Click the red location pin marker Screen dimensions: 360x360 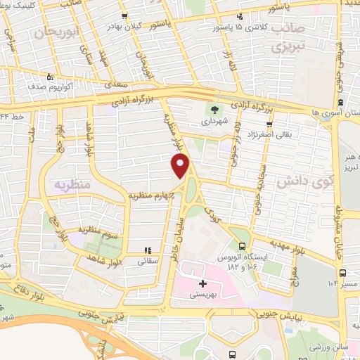(181, 166)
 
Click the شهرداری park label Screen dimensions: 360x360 (212, 121)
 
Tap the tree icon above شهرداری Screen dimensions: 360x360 (212, 110)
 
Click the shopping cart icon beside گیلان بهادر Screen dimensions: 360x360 (124, 16)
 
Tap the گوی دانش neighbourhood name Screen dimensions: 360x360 (293, 181)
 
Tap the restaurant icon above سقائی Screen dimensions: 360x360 (148, 250)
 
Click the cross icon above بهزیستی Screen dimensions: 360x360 (203, 283)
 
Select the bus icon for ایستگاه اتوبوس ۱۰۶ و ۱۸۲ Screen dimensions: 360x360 (242, 246)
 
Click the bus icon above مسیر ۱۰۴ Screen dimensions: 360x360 (342, 273)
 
